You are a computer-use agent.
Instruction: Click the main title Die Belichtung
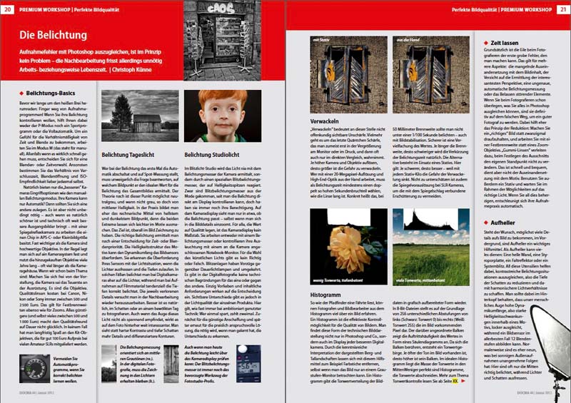click(53, 35)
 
